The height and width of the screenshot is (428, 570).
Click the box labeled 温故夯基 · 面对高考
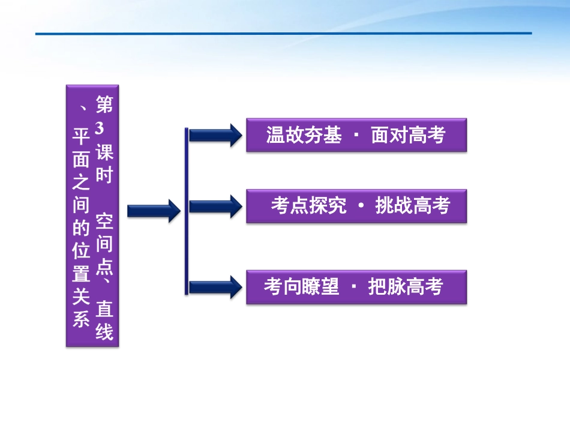point(356,135)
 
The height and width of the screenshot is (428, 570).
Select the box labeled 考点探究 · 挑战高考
point(356,206)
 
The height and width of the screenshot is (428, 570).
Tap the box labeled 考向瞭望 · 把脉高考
point(356,288)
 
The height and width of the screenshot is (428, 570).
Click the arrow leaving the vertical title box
point(154,211)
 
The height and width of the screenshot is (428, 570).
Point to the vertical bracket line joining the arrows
point(187,210)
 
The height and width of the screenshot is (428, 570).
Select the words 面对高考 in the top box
point(408,136)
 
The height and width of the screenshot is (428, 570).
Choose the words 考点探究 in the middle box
point(308,206)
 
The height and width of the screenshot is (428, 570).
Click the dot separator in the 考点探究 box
point(361,206)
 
